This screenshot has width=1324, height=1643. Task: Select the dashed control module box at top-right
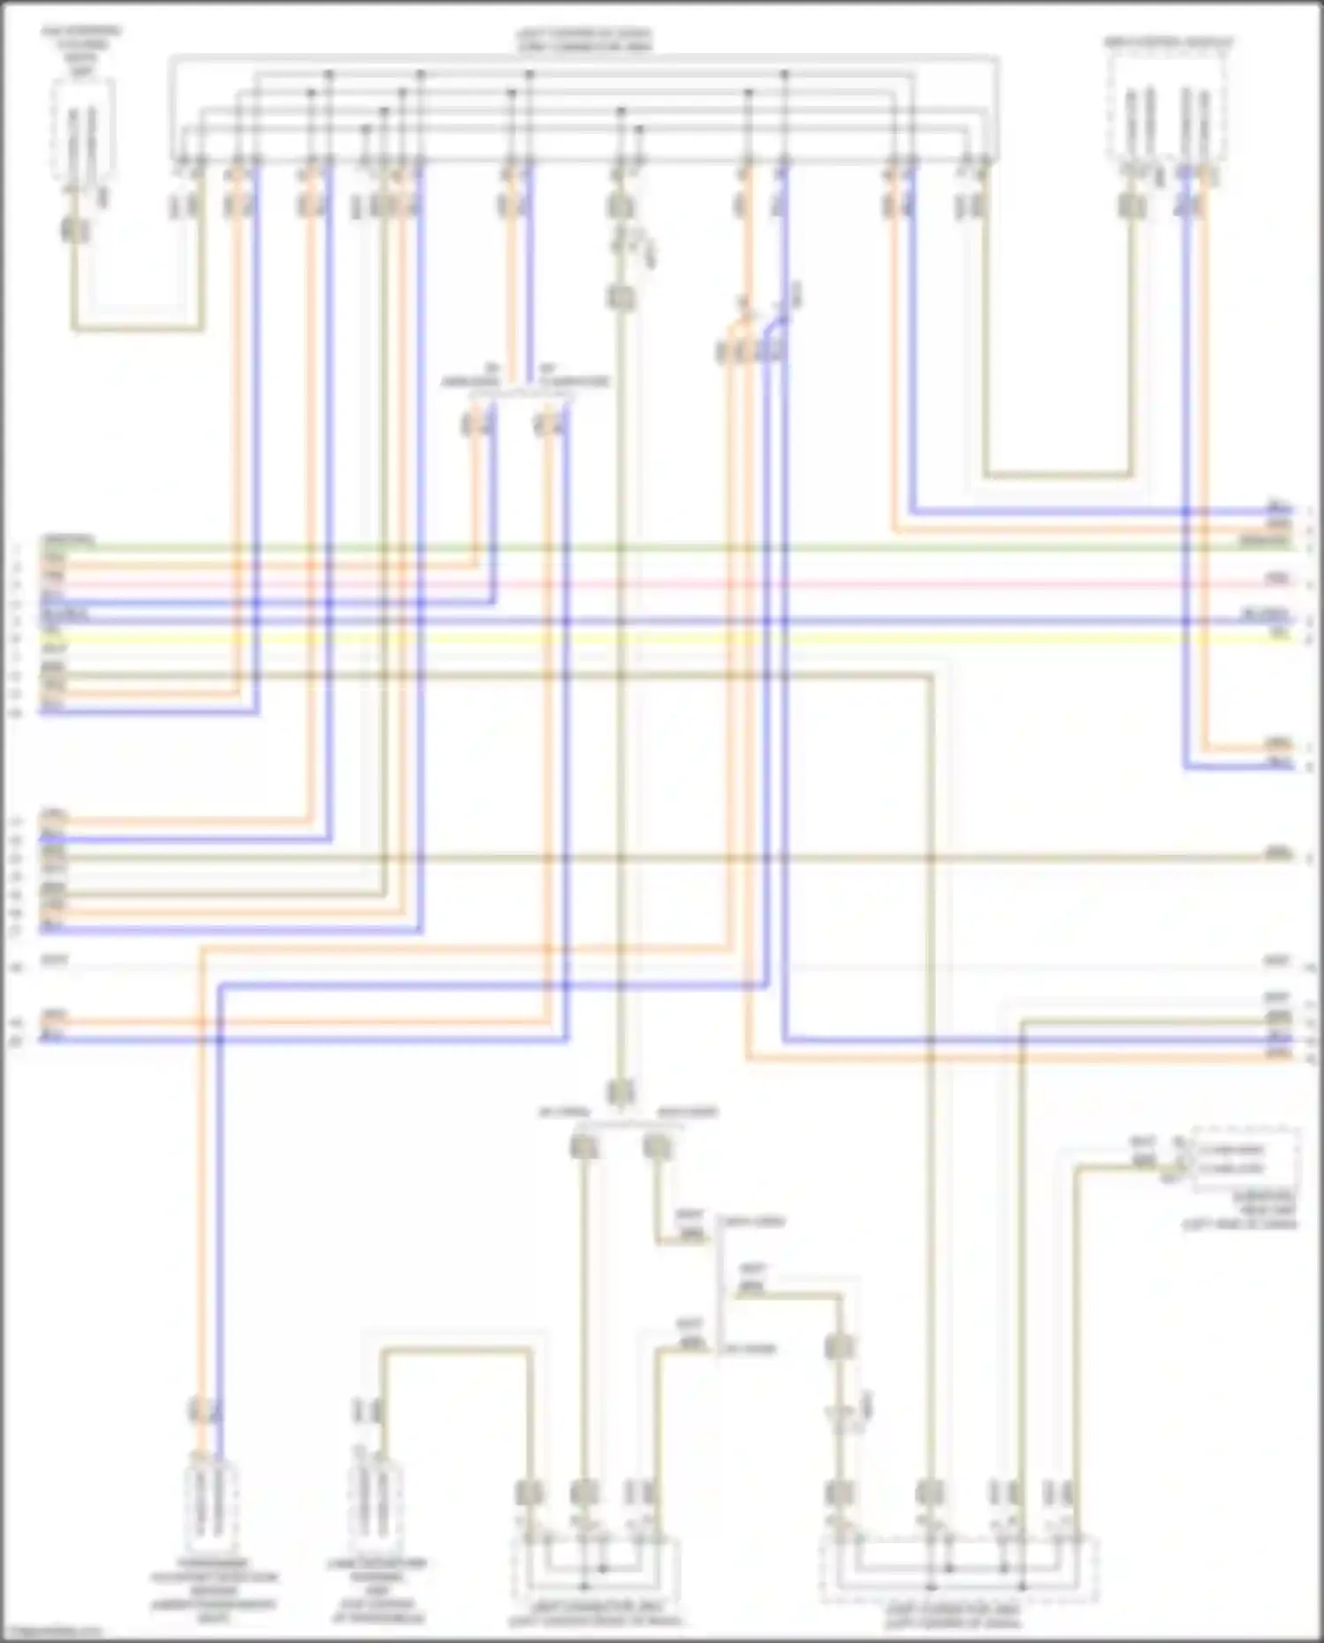[x=1170, y=110]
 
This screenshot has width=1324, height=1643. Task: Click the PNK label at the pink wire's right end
[x=1277, y=578]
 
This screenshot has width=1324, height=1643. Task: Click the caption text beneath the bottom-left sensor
[x=214, y=1597]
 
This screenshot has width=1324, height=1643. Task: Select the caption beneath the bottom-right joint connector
[x=953, y=1616]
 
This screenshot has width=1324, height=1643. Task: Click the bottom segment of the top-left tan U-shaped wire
[x=137, y=329]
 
